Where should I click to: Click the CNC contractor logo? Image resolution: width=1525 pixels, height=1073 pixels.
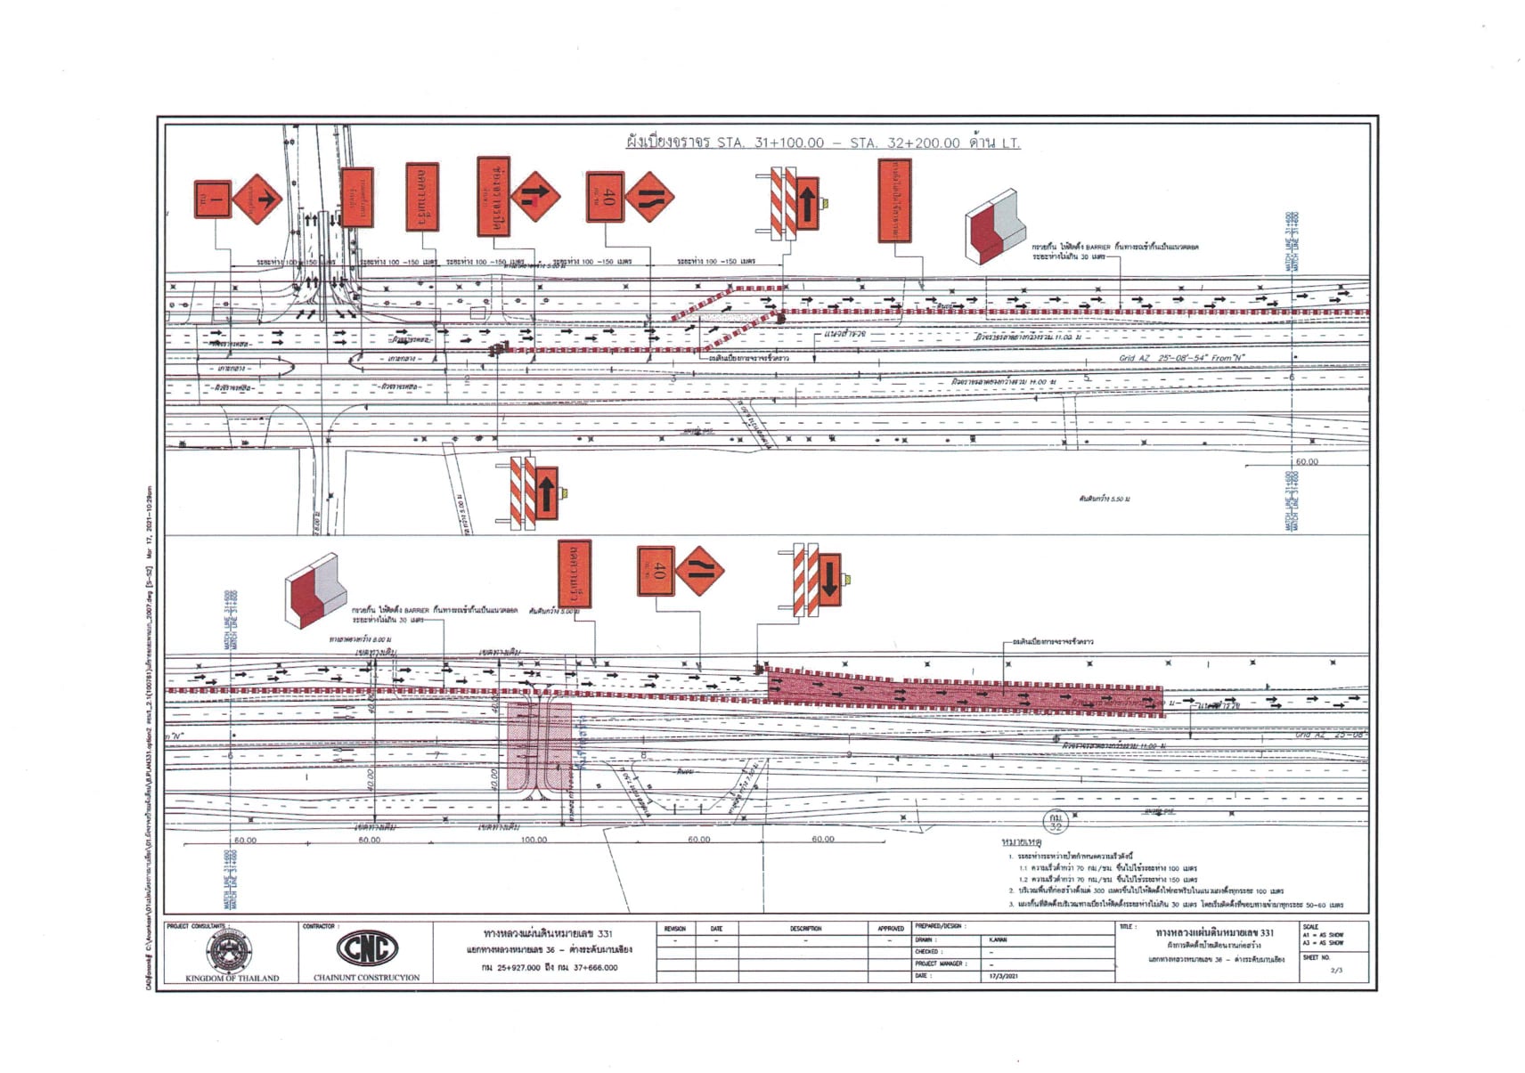366,949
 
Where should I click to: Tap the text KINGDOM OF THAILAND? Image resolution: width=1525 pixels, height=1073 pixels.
232,978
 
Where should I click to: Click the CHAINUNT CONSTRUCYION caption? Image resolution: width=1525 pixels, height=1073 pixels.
366,978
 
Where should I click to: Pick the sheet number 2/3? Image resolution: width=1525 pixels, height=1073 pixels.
1335,970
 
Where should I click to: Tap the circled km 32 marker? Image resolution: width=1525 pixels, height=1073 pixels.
1055,820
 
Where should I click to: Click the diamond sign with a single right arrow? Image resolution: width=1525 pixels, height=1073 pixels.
258,199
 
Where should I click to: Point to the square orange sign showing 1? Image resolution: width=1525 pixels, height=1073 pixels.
213,199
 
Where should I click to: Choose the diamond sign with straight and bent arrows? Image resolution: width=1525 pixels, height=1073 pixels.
535,198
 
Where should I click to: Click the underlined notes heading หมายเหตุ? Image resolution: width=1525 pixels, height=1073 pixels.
1022,841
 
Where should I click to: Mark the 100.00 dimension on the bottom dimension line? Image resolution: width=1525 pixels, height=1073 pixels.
534,840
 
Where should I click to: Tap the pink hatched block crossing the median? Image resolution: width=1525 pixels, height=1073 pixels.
539,746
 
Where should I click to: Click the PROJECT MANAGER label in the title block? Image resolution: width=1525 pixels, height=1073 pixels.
938,963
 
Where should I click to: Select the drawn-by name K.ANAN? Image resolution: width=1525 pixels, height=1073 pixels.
998,939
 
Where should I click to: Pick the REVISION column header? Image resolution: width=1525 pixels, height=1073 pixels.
674,929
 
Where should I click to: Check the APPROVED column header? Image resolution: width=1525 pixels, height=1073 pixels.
890,929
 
